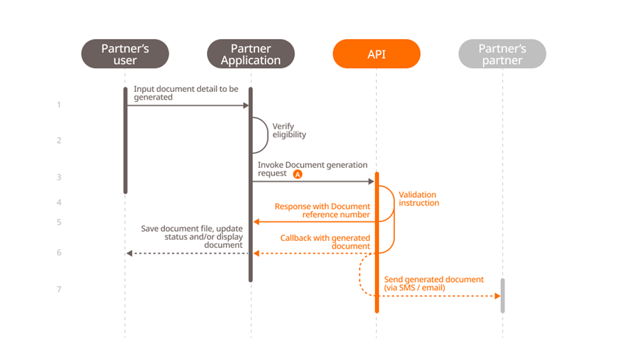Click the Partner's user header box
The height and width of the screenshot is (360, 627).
[x=125, y=54]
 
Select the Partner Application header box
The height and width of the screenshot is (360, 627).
[x=251, y=54]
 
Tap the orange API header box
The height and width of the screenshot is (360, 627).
[x=376, y=54]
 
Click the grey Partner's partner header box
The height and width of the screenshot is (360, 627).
[x=502, y=54]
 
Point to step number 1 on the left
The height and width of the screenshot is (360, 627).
[x=59, y=105]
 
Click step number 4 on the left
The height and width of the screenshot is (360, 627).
[x=59, y=203]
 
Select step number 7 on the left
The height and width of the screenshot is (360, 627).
[x=59, y=289]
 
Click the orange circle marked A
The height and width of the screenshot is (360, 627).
[x=297, y=174]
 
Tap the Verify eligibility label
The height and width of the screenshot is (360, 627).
[x=289, y=130]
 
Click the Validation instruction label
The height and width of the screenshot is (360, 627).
[x=419, y=198]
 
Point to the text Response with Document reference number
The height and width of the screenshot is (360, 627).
[x=322, y=210]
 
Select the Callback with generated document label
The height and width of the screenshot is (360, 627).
[x=325, y=242]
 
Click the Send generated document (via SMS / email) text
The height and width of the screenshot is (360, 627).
[x=433, y=283]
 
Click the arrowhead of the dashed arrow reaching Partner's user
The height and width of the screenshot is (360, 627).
[x=130, y=253]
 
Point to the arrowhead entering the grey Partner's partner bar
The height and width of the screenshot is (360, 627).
[x=497, y=296]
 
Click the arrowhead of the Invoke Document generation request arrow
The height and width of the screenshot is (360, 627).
[x=371, y=182]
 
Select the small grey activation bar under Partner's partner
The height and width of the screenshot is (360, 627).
[x=502, y=295]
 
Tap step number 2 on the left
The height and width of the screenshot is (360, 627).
[x=59, y=141]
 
